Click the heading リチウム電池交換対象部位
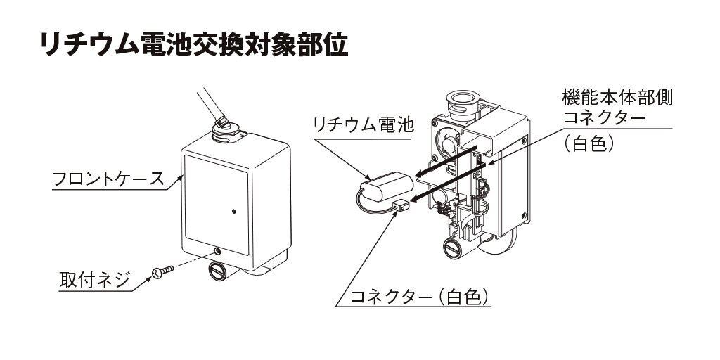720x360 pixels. [194, 46]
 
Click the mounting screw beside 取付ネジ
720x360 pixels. [162, 271]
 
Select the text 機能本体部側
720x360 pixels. [617, 96]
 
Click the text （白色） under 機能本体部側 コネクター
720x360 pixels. [589, 143]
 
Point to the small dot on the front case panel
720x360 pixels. [234, 210]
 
